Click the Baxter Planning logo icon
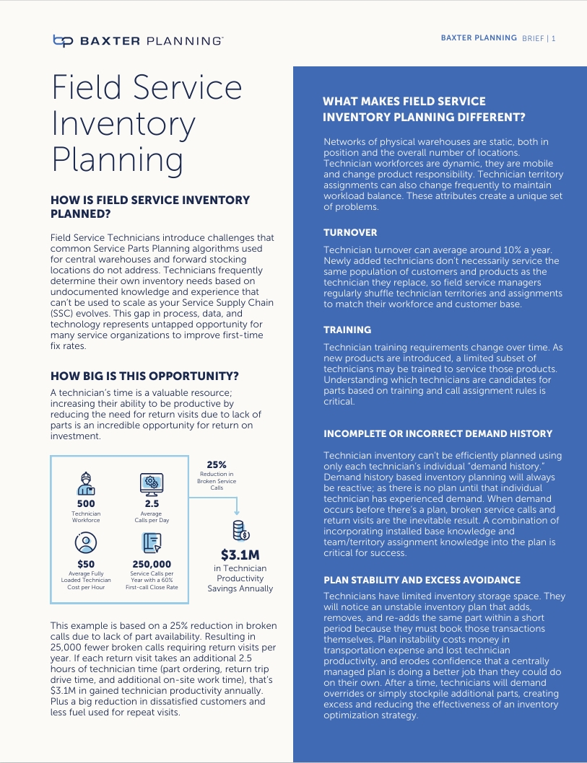63,41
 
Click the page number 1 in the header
553,38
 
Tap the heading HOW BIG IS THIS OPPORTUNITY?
144,376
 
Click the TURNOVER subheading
350,233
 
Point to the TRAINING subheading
347,330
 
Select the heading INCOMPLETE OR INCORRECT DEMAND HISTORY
438,433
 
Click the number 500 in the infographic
86,503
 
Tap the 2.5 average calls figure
151,503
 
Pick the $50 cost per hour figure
86,564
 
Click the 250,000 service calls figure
152,564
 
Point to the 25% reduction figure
217,465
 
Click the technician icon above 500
86,482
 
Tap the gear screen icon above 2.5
151,482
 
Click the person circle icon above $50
86,542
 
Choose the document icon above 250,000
152,542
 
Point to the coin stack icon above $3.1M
240,531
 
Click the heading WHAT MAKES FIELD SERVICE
404,102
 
